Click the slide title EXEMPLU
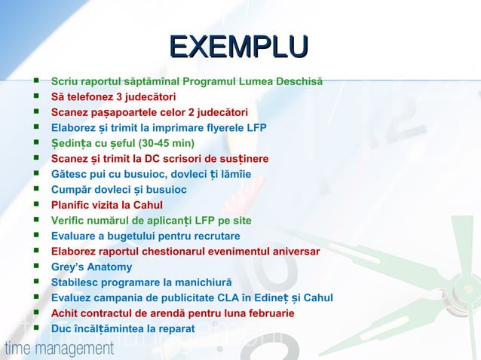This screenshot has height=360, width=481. [x=239, y=47]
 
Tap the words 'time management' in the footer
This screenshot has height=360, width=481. [x=59, y=349]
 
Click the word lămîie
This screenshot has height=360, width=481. [x=235, y=174]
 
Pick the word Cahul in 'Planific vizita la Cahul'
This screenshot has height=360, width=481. [x=147, y=205]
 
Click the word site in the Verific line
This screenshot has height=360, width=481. [x=240, y=221]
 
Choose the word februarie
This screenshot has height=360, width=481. [x=267, y=313]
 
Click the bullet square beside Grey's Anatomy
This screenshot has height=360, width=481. [x=35, y=267]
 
